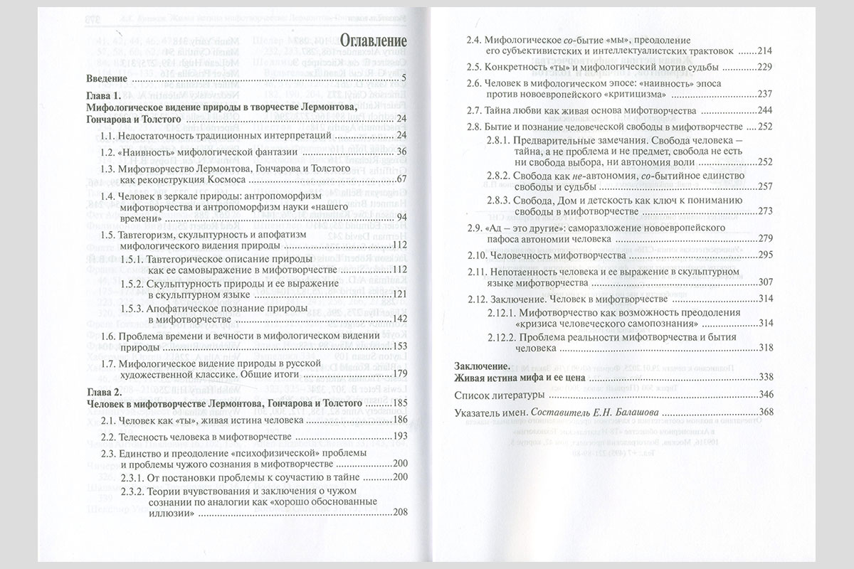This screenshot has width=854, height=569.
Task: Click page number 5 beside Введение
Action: (403, 77)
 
